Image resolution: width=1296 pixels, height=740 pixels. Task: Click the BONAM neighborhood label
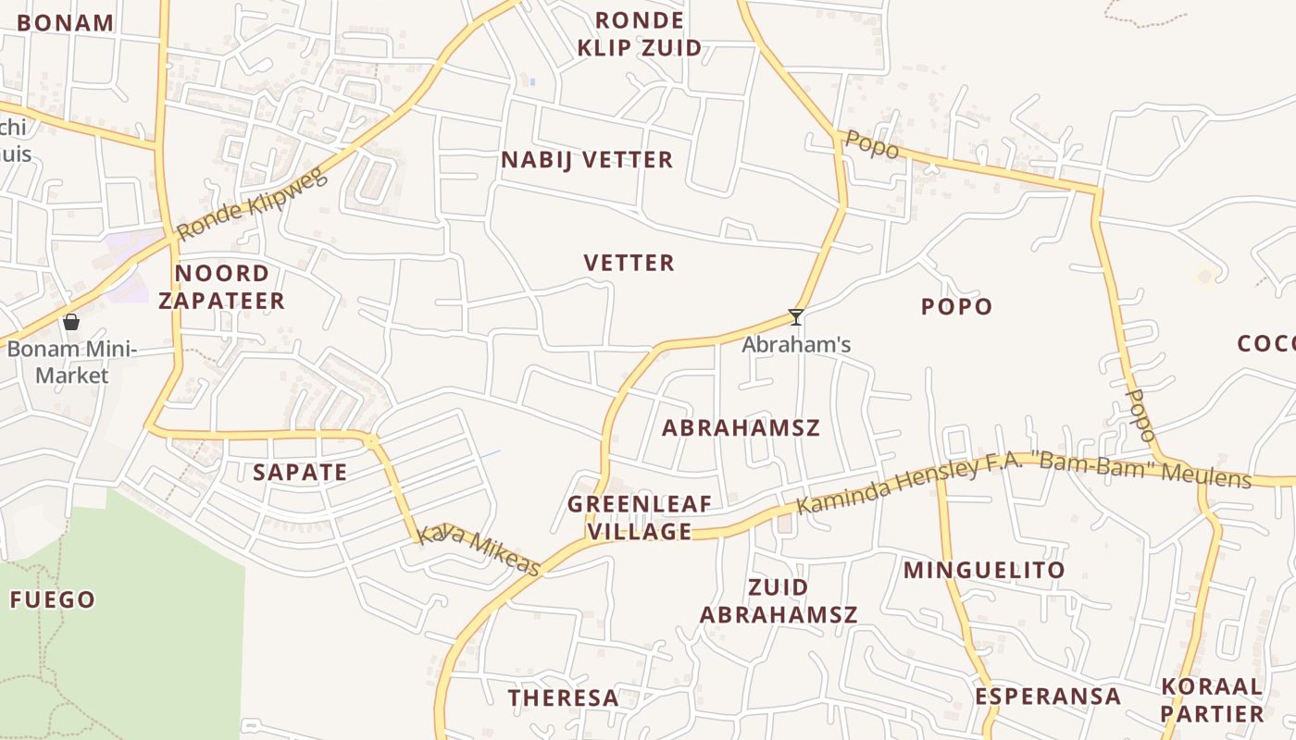65,23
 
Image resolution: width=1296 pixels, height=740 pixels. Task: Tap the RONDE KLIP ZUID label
639,34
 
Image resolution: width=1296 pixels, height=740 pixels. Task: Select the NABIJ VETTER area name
587,160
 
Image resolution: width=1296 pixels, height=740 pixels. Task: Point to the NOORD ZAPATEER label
221,287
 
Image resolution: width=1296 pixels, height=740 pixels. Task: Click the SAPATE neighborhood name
300,473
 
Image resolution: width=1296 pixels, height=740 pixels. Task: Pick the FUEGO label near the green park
53,600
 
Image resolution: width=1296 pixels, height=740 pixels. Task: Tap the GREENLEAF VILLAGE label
640,518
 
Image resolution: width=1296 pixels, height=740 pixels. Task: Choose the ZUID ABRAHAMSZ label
779,601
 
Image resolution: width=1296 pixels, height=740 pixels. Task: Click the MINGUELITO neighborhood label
984,570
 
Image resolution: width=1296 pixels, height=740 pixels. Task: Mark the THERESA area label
563,698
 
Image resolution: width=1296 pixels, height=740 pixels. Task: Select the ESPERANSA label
1048,697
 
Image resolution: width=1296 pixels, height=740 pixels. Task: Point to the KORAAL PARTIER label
1212,700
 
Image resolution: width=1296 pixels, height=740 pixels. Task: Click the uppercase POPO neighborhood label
956,307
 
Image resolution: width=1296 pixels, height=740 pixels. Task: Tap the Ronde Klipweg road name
252,204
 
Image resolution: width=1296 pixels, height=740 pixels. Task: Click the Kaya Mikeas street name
478,550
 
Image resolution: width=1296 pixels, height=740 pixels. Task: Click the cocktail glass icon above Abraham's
795,317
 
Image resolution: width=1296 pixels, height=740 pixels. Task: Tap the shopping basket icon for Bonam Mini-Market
71,322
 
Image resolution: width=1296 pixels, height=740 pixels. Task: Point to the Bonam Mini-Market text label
71,363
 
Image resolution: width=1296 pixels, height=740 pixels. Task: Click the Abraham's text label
796,345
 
